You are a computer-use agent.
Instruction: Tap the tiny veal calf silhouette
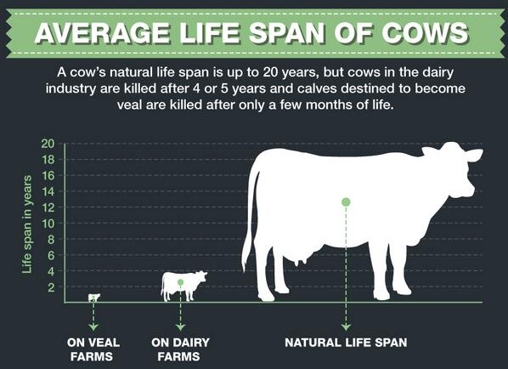pyautogui.click(x=93, y=297)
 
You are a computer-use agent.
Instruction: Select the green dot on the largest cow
pyautogui.click(x=346, y=202)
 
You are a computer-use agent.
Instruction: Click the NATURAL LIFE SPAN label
pyautogui.click(x=347, y=343)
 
